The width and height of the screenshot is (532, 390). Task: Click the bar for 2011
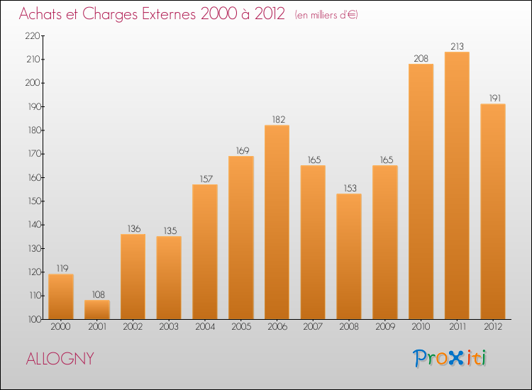(457, 186)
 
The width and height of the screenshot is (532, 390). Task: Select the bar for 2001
(97, 310)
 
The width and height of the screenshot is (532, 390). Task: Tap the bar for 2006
(277, 223)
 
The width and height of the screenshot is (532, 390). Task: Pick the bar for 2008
(349, 257)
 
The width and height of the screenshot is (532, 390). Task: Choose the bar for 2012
(493, 212)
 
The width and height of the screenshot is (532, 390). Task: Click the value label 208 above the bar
(421, 59)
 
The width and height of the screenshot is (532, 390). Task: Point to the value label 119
(61, 269)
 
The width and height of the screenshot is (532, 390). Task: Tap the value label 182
(277, 120)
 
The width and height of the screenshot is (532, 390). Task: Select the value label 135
(169, 231)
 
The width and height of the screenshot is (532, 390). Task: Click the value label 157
(205, 179)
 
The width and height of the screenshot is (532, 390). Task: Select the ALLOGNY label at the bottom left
(60, 358)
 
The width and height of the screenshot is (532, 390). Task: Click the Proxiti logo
(450, 358)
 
